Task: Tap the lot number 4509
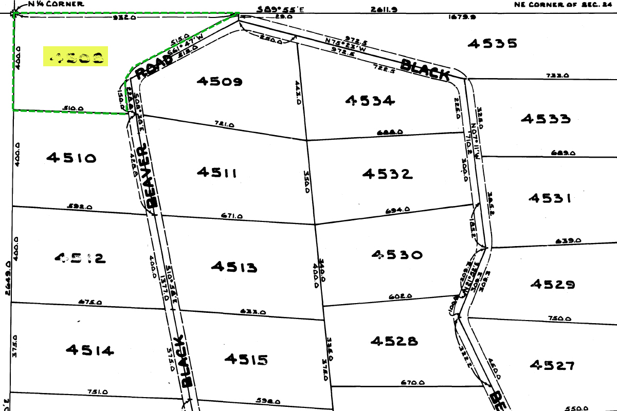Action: (219, 81)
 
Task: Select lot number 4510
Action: (71, 158)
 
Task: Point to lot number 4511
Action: (216, 172)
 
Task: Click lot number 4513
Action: (234, 267)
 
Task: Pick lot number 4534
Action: (370, 100)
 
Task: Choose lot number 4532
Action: (387, 174)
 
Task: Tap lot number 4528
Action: (395, 341)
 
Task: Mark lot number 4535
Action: (492, 43)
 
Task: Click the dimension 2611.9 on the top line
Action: (382, 9)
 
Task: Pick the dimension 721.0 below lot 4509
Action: (224, 124)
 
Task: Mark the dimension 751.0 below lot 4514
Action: (98, 391)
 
